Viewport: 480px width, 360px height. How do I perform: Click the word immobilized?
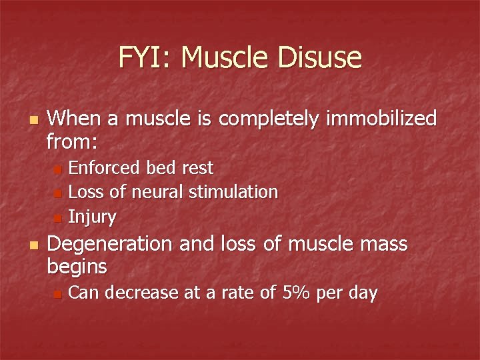(x=381, y=119)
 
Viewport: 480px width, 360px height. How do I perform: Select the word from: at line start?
(x=73, y=141)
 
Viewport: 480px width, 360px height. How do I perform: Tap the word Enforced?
(x=102, y=167)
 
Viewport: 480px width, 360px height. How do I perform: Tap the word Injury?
(x=93, y=217)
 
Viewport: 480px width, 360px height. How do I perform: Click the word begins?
(x=77, y=267)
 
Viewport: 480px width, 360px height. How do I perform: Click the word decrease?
(x=138, y=293)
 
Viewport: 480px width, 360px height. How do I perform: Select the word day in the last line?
(x=363, y=293)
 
